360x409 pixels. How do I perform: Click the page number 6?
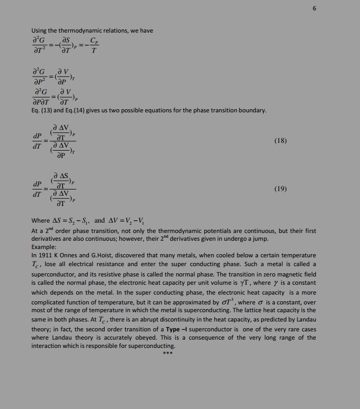(x=313, y=9)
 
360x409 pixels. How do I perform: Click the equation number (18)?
(x=280, y=140)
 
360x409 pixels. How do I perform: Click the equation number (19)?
(x=280, y=189)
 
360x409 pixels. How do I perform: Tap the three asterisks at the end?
(x=168, y=354)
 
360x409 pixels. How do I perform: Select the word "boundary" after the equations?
(x=253, y=110)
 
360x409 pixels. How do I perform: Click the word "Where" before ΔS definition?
(x=41, y=220)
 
